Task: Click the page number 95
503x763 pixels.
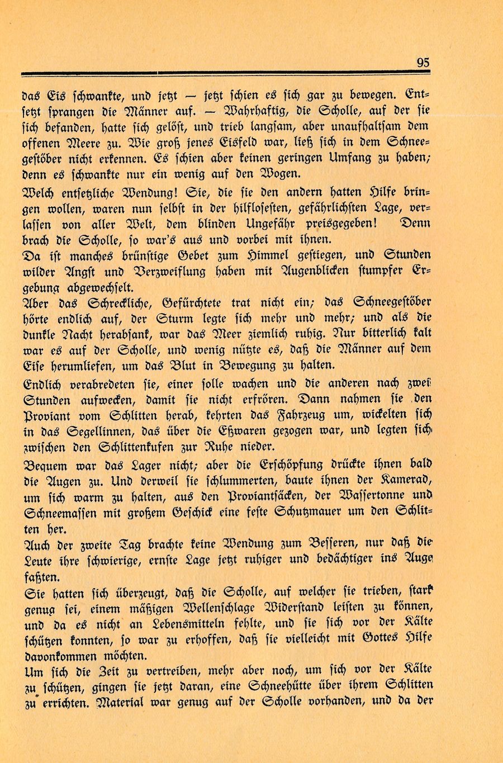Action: tap(423, 63)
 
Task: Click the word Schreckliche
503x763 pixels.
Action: tap(117, 304)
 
